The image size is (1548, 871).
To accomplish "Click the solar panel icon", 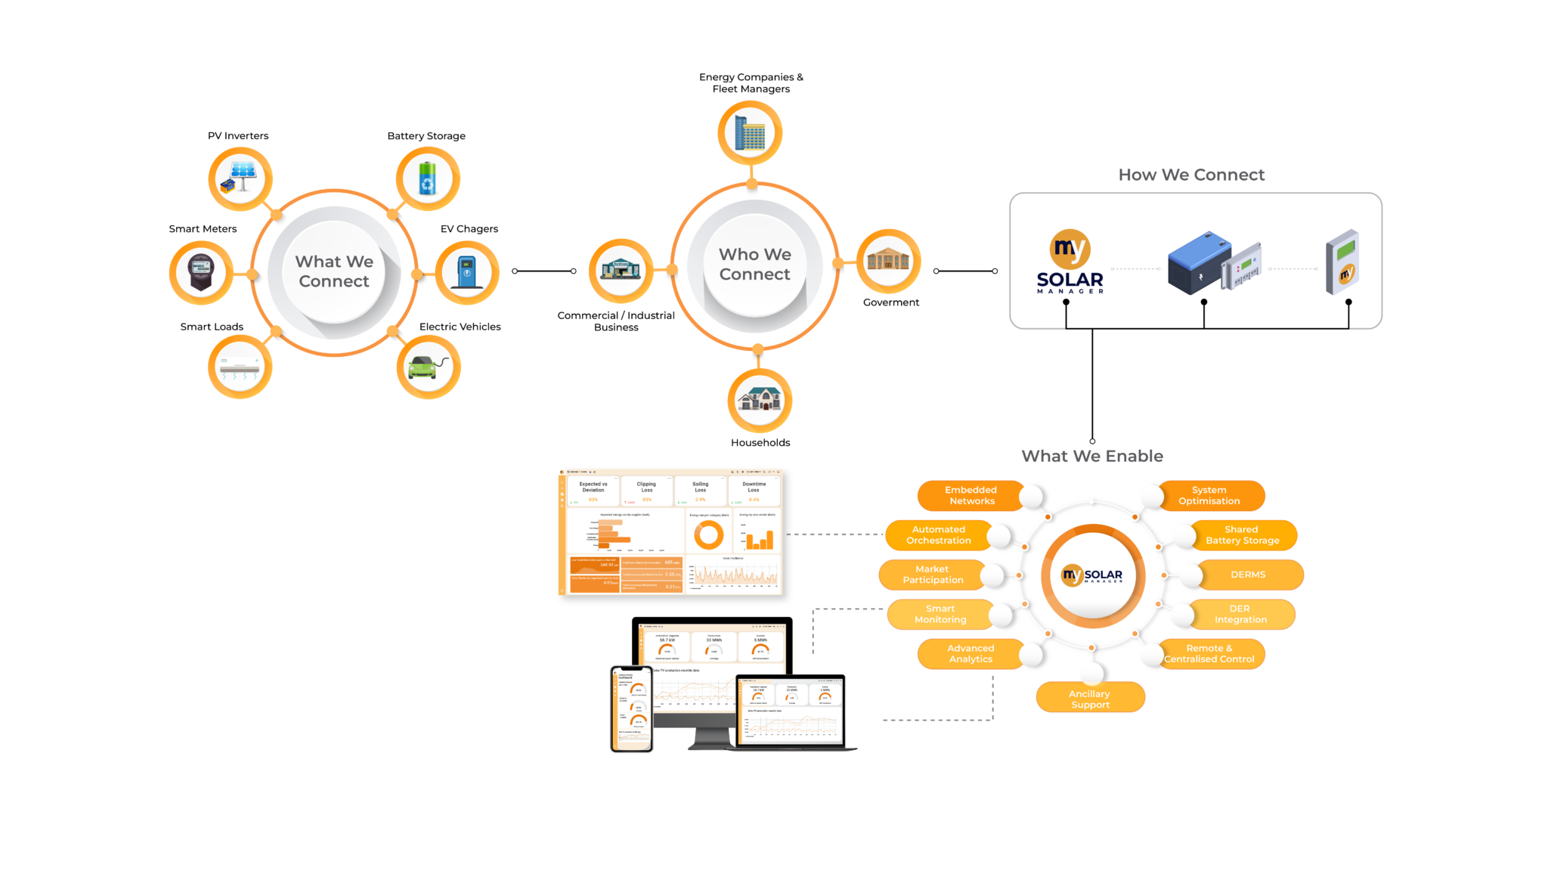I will [240, 178].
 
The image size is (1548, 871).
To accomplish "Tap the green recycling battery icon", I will [428, 178].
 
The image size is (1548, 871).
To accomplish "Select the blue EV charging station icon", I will [467, 272].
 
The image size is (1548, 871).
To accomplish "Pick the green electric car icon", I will [429, 367].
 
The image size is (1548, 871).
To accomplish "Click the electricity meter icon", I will [201, 272].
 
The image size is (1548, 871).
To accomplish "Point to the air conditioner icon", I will [240, 367].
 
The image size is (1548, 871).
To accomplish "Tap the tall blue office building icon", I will [750, 132].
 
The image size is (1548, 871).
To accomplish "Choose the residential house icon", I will [760, 400].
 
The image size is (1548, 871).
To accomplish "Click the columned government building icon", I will [888, 261].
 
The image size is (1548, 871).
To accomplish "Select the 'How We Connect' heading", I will [1191, 175].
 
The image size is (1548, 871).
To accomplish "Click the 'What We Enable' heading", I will [1092, 456].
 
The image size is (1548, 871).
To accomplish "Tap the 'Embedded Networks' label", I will [971, 495].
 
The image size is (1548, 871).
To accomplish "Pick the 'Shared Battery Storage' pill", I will [1242, 535].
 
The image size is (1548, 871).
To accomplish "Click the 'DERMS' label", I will [1248, 575].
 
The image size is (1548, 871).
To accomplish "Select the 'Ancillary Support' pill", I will [1090, 699].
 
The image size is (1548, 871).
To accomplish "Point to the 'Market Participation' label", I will [933, 575].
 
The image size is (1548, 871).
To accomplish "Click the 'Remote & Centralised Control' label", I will [1209, 653].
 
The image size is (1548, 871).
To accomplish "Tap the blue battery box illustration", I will [1198, 263].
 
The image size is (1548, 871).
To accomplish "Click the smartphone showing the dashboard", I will [632, 709].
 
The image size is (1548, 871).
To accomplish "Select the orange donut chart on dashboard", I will [708, 535].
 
